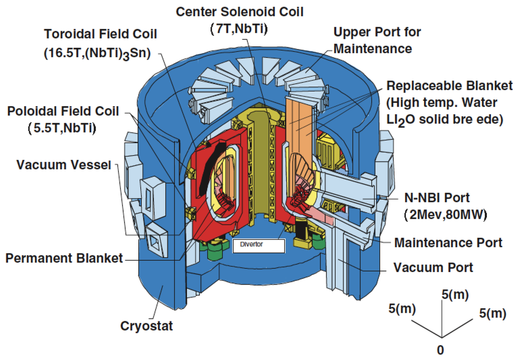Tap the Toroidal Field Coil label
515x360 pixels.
[101, 34]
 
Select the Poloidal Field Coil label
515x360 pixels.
[62, 112]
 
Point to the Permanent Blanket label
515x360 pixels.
[64, 258]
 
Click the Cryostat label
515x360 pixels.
[146, 326]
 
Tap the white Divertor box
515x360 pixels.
[259, 245]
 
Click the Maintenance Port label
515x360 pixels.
[448, 243]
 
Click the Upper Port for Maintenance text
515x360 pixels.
[377, 40]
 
